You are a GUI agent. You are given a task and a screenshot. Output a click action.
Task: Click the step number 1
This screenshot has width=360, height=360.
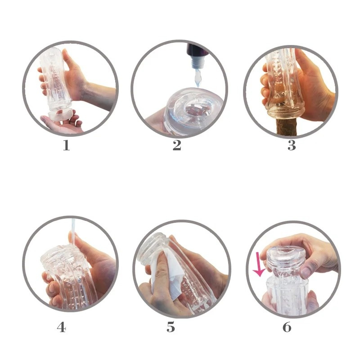(66, 145)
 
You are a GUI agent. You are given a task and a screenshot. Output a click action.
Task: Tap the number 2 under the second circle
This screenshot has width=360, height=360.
(177, 145)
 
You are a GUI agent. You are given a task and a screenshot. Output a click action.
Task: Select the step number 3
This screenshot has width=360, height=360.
(292, 145)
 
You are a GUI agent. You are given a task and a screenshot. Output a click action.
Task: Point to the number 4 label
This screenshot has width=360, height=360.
(62, 327)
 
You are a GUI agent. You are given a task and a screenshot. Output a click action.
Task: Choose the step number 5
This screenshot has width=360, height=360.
(171, 327)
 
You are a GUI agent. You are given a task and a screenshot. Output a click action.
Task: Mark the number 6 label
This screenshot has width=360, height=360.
(287, 327)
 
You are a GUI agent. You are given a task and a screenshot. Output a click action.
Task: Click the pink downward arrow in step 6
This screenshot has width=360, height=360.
(258, 266)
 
